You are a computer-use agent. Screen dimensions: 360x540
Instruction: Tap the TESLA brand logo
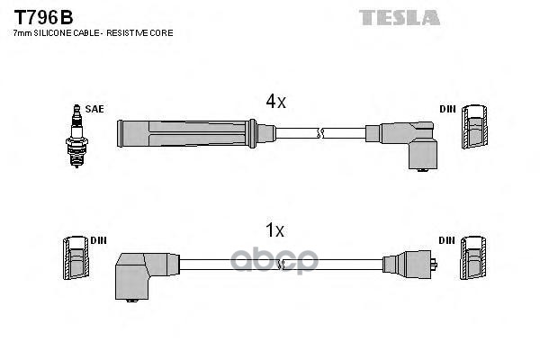400,17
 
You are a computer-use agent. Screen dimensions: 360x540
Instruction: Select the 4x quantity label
275,102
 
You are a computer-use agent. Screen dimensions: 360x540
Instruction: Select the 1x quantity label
275,231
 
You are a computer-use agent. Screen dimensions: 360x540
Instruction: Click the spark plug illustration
75,135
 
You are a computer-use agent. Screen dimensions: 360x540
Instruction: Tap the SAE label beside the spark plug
95,109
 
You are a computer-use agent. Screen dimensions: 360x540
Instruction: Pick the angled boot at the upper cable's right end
410,143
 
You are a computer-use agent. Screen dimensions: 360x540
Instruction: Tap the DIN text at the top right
447,109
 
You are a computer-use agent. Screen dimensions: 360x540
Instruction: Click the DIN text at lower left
100,240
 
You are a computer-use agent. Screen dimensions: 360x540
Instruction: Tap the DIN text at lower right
447,240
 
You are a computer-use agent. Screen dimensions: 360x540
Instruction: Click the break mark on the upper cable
320,133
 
